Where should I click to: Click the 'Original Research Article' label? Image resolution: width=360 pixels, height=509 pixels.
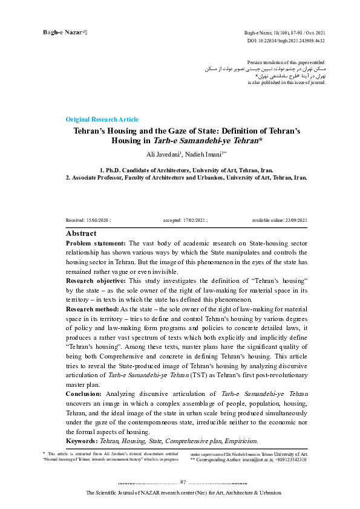102,119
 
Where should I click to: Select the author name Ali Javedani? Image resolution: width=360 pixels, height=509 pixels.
153,154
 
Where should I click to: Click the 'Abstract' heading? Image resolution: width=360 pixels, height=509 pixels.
80,233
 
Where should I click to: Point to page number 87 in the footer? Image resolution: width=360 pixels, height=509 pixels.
183,482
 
